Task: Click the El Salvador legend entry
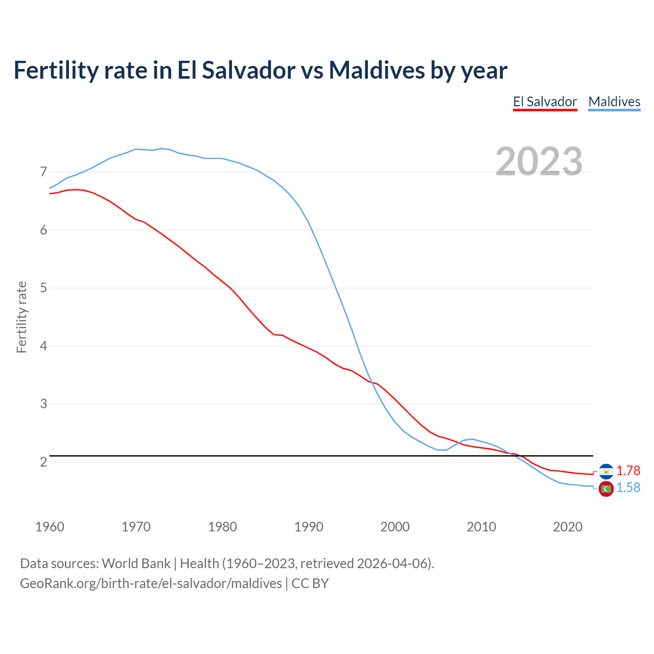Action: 545,102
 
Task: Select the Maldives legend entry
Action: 614,102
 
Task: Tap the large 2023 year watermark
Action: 539,161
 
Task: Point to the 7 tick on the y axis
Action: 43,172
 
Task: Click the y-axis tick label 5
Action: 43,288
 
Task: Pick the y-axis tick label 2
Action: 43,462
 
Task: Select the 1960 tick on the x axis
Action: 50,527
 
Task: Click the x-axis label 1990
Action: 309,527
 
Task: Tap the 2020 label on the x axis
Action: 568,527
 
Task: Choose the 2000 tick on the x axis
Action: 395,527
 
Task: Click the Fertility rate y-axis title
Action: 21,317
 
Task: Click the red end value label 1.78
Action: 628,471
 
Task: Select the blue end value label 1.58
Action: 628,488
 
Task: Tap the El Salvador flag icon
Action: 606,471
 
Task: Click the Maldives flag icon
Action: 606,489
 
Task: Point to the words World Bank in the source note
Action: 136,564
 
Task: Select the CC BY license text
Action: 310,583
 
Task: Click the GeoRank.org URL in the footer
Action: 151,583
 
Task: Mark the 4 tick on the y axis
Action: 43,346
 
